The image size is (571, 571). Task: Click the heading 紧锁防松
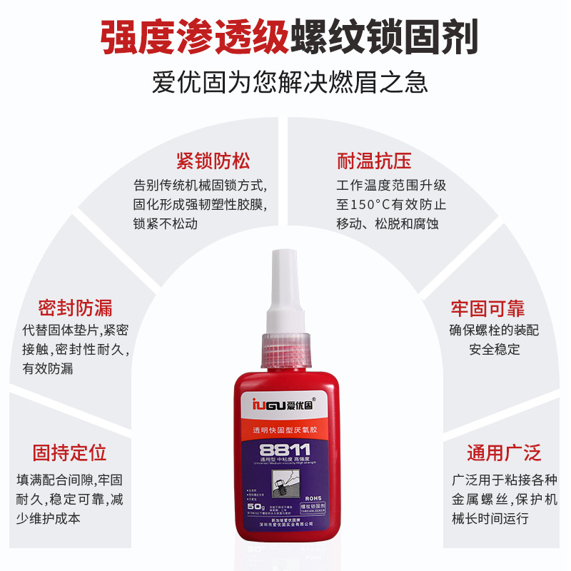coord(213,160)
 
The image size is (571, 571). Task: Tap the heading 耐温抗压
coord(374,160)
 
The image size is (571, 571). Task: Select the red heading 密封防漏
coord(75,308)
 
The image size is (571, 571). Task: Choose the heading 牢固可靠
coord(487,308)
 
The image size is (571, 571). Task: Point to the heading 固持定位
coord(69,453)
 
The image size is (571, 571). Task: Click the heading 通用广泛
coord(504,453)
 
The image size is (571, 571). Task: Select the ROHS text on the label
coord(312,499)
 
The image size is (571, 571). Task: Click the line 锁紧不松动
coord(166,223)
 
